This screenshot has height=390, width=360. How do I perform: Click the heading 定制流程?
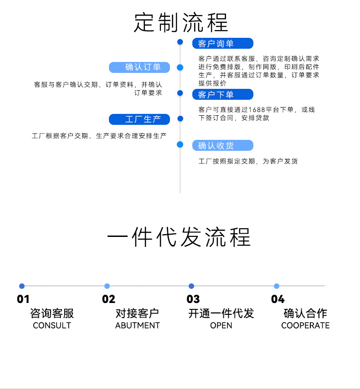tap(180, 22)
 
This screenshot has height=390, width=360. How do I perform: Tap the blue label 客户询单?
tap(222, 44)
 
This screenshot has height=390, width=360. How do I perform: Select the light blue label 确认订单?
tap(139, 67)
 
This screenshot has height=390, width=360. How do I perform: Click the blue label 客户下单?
tap(222, 95)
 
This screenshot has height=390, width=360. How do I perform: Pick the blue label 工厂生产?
tap(139, 119)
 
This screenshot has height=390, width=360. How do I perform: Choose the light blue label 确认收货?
tap(222, 146)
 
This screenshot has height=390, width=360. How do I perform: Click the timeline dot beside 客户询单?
tap(180, 42)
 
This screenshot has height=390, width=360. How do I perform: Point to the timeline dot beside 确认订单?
tap(180, 67)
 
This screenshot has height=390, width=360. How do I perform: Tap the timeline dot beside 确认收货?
tap(180, 144)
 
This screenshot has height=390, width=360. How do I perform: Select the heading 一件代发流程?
tap(179, 238)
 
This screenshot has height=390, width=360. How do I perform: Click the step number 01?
tap(23, 299)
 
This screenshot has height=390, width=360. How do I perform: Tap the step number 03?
tap(193, 299)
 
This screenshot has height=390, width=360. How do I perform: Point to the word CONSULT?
tap(52, 326)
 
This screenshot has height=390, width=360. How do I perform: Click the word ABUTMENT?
tap(138, 326)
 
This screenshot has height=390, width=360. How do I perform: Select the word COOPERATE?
tap(305, 326)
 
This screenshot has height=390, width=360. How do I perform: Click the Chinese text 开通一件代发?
tap(221, 313)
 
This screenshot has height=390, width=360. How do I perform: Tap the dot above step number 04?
tap(277, 286)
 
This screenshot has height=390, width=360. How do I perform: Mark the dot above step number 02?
tap(107, 286)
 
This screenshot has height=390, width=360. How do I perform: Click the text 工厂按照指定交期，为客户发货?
tap(248, 161)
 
